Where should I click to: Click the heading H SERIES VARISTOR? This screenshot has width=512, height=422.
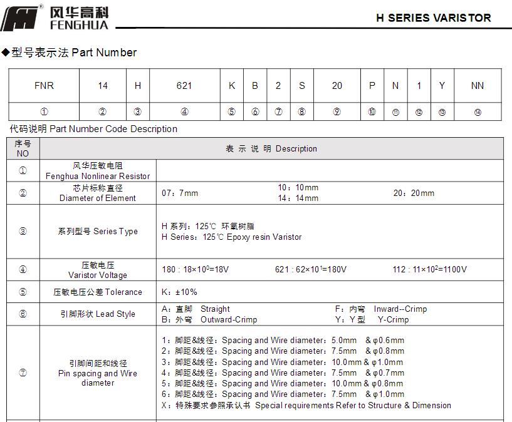pyautogui.click(x=433, y=18)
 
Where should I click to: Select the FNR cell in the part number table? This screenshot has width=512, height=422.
pyautogui.click(x=44, y=86)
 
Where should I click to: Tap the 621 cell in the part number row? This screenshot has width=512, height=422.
pyautogui.click(x=184, y=86)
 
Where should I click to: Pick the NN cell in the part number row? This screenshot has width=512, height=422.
pyautogui.click(x=477, y=86)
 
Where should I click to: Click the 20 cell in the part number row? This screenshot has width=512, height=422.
pyautogui.click(x=337, y=86)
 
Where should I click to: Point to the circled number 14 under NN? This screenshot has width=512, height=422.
pyautogui.click(x=477, y=112)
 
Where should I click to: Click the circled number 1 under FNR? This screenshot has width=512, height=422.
pyautogui.click(x=44, y=112)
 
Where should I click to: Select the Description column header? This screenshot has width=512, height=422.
pyautogui.click(x=271, y=149)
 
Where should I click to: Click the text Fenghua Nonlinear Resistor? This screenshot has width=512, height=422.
pyautogui.click(x=98, y=176)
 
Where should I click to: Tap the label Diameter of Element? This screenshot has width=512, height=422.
pyautogui.click(x=98, y=198)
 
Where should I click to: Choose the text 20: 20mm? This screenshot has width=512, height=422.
pyautogui.click(x=414, y=193)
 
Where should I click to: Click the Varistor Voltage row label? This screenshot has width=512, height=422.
pyautogui.click(x=98, y=275)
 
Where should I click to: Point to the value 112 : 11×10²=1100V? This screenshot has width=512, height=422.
pyautogui.click(x=429, y=270)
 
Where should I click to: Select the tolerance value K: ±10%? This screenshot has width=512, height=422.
pyautogui.click(x=179, y=292)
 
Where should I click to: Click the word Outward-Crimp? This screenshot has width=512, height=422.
pyautogui.click(x=229, y=319)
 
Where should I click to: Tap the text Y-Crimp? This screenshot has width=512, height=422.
pyautogui.click(x=393, y=319)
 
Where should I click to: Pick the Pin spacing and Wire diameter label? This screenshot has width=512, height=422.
pyautogui.click(x=98, y=373)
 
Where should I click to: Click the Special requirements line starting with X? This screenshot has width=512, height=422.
pyautogui.click(x=306, y=405)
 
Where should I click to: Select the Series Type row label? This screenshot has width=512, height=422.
pyautogui.click(x=98, y=231)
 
